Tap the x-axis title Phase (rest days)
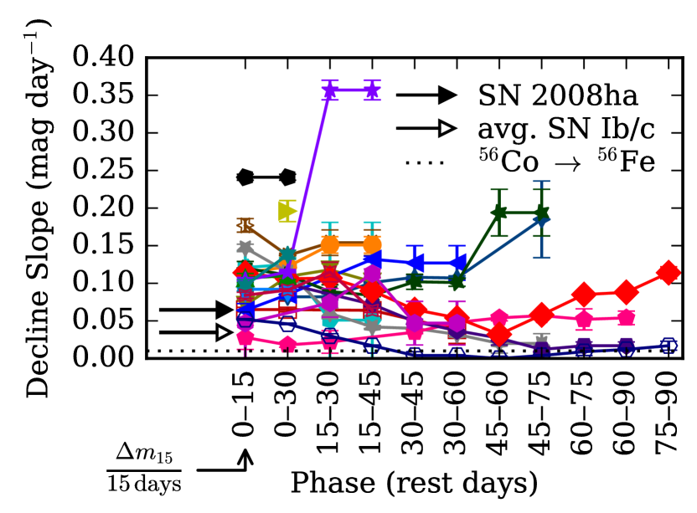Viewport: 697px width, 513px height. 414,484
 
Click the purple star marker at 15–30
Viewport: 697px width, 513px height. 330,90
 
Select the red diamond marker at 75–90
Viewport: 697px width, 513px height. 668,272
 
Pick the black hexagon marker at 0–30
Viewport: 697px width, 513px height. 288,177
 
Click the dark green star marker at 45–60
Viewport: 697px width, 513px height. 499,213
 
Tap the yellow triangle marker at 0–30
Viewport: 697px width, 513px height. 287,211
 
